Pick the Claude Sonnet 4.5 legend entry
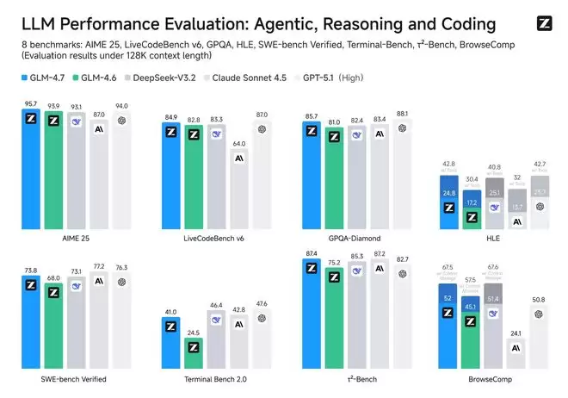tap(256, 78)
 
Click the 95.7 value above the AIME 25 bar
tap(31, 103)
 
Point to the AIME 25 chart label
tap(76, 237)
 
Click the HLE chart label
tap(493, 237)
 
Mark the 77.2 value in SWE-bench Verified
tap(101, 268)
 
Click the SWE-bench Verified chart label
tap(76, 378)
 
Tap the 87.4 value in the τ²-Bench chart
tap(310, 252)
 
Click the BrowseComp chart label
tap(493, 378)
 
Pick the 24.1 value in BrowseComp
tap(517, 333)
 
